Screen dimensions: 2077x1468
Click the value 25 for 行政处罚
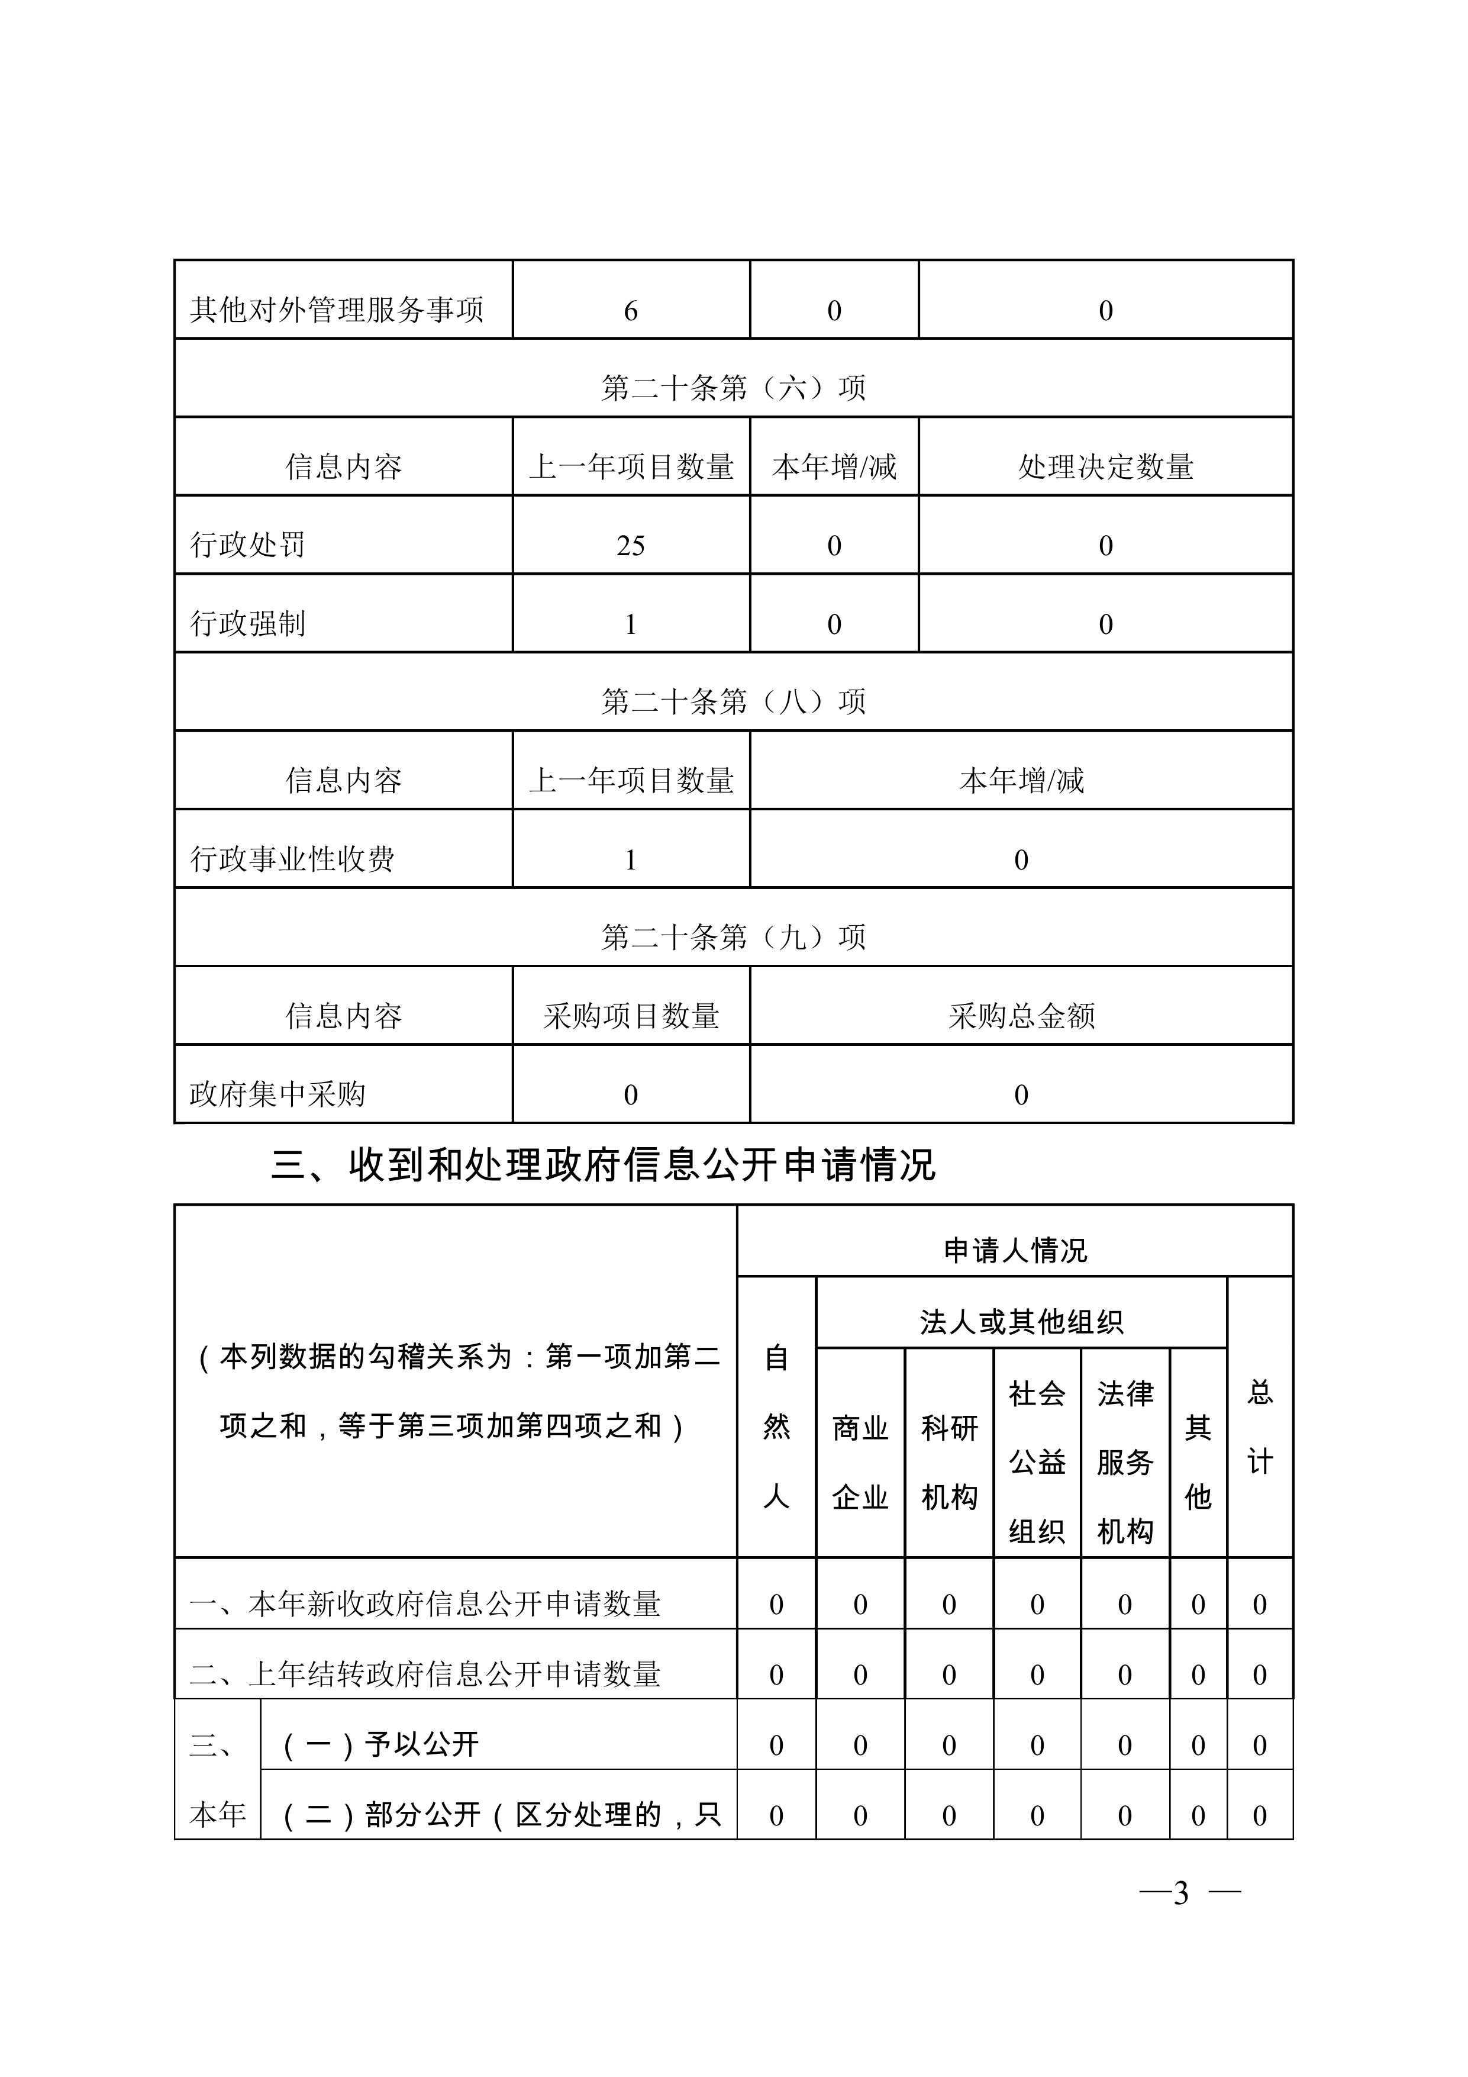(x=630, y=546)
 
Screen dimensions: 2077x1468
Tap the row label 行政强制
(x=248, y=623)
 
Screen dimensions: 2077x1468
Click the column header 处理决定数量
(x=1105, y=467)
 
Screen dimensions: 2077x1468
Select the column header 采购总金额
(x=1021, y=1016)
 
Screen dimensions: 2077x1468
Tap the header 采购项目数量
(x=630, y=1016)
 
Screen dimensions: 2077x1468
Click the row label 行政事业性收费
(x=292, y=858)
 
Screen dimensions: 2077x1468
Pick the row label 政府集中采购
(x=278, y=1094)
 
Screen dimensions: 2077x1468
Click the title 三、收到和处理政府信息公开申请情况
(x=604, y=1165)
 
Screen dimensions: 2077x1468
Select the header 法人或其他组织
(x=1021, y=1322)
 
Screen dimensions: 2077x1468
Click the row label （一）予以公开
(x=380, y=1744)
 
